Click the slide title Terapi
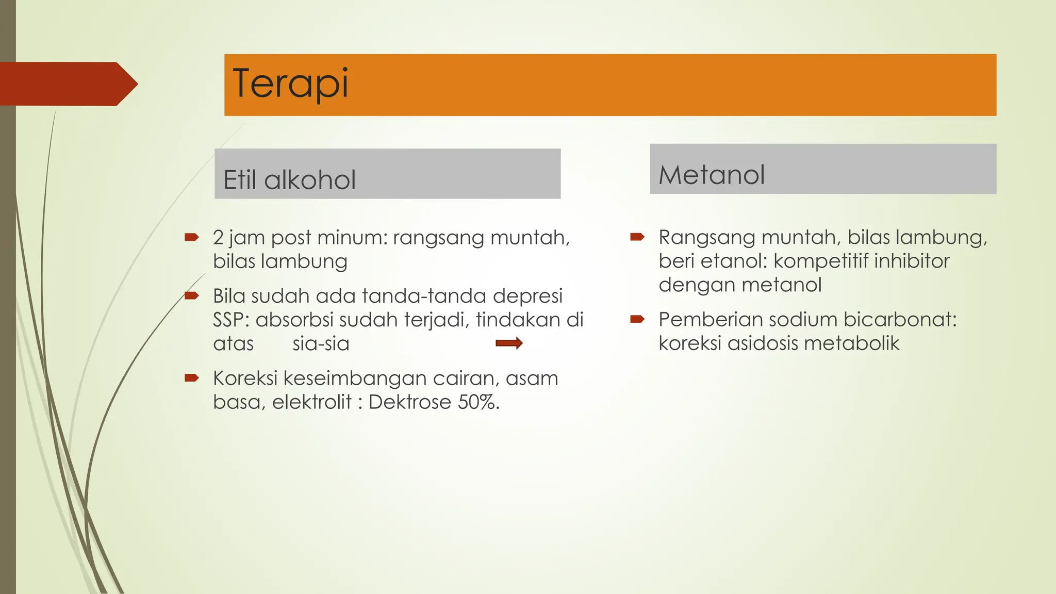(x=291, y=84)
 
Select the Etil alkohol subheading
(x=289, y=180)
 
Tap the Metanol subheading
(x=712, y=175)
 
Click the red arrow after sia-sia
(x=509, y=343)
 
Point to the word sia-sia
(x=321, y=344)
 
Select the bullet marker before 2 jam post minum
(x=191, y=237)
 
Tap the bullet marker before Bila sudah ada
(x=191, y=296)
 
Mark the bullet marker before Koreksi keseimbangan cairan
(x=191, y=378)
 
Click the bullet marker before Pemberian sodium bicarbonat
(x=637, y=319)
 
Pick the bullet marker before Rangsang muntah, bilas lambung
(x=637, y=237)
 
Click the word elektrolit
(x=311, y=402)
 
